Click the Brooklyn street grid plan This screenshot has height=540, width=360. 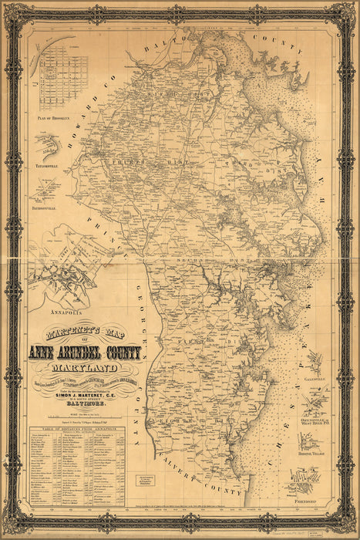(64, 77)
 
